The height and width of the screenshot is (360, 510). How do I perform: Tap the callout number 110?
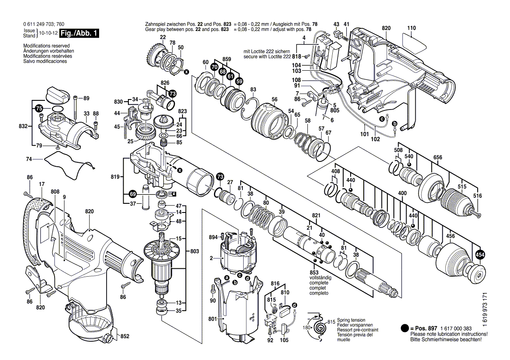coord(411,28)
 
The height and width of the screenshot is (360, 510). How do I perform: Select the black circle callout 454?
coord(480,255)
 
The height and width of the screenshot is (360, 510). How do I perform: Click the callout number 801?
coord(213,319)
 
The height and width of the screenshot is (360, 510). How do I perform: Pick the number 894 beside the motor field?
coord(213,237)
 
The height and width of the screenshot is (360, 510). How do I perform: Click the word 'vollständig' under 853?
coord(320,278)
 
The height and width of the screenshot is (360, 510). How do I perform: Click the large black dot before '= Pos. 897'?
coord(404,328)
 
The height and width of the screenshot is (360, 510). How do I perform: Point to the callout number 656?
coord(438,158)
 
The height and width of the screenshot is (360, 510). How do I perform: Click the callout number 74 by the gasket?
coord(29,160)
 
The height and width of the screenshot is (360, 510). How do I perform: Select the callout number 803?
coord(195,251)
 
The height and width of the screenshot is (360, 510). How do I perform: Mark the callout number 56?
coord(274,99)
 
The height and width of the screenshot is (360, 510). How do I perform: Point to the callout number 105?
coord(284,340)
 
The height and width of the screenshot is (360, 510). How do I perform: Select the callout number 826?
coord(165,82)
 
